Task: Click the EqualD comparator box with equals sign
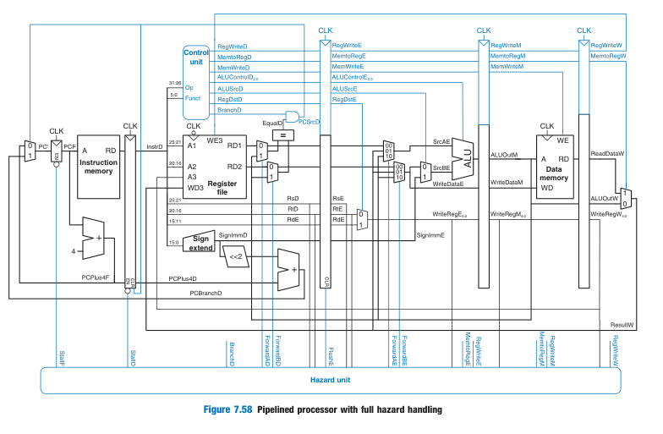(285, 134)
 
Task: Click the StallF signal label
(62, 356)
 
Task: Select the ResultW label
(622, 325)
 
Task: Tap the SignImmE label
(429, 234)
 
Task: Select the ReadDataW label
(606, 154)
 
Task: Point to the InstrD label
(154, 147)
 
